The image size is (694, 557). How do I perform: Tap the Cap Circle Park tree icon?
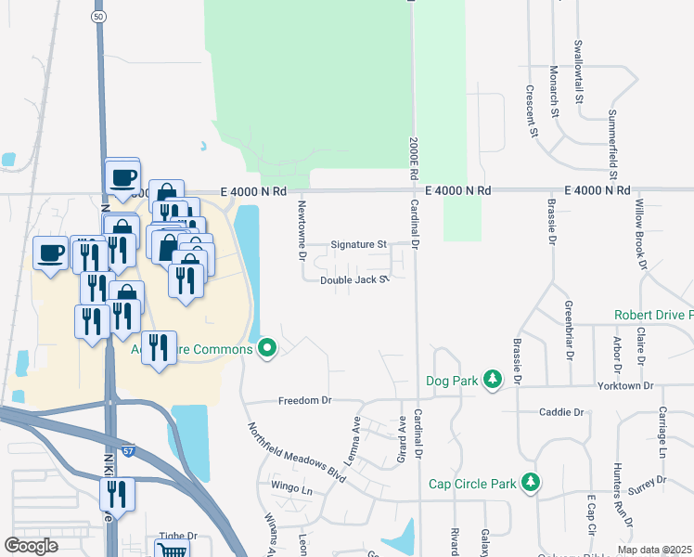click(x=530, y=483)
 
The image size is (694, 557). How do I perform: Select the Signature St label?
click(x=359, y=245)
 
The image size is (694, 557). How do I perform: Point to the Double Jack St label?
click(x=353, y=279)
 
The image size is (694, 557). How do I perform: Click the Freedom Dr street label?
click(x=304, y=401)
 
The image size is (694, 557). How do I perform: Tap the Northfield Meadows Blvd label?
click(x=296, y=454)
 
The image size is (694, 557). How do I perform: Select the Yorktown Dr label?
click(x=625, y=385)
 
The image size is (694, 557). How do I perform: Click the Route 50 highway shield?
click(x=98, y=17)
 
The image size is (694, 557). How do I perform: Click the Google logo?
click(x=31, y=546)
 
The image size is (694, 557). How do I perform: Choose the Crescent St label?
click(x=533, y=111)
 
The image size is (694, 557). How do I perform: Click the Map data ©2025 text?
click(x=653, y=550)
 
